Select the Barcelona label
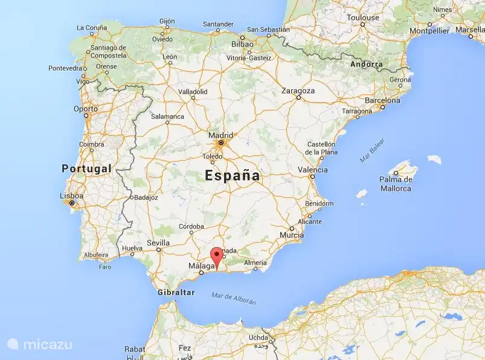point(382,100)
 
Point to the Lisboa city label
point(71,196)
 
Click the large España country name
point(233,176)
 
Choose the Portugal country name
point(86,168)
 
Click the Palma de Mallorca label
point(396,184)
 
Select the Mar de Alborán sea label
point(234,298)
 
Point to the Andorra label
point(366,64)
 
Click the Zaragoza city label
point(298,91)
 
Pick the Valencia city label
point(313,170)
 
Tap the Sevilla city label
point(158,243)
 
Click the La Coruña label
point(92,27)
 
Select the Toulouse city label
point(362,18)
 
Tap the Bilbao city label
point(242,44)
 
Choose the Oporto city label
point(85,109)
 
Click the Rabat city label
point(134,349)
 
